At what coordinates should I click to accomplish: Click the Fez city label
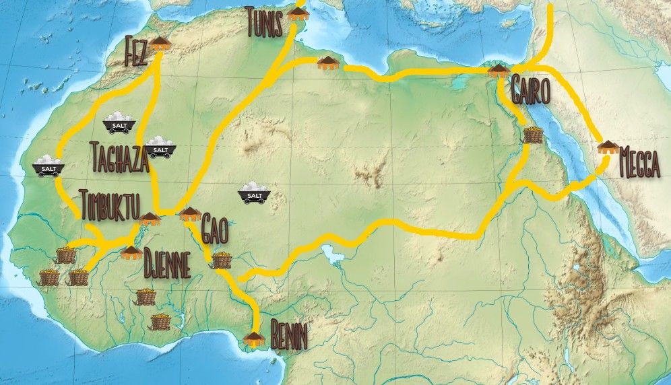(x=136, y=53)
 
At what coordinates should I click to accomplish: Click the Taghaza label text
(x=118, y=158)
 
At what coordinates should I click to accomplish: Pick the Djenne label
(x=166, y=266)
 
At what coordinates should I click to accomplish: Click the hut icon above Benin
(x=254, y=337)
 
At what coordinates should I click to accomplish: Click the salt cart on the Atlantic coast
(x=48, y=166)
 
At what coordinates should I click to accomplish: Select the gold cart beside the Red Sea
(x=532, y=135)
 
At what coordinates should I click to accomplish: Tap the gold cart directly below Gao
(x=222, y=260)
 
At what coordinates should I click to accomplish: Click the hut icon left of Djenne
(x=131, y=253)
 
